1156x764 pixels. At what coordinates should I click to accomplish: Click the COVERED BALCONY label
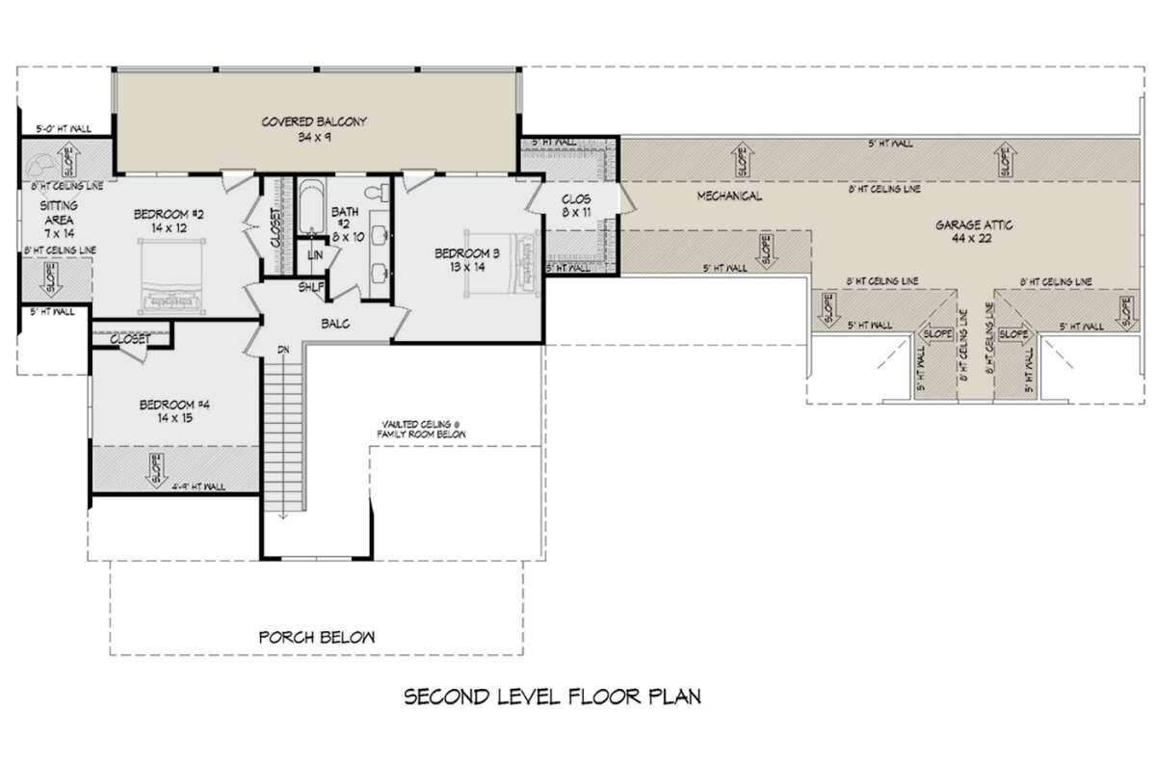[x=315, y=122]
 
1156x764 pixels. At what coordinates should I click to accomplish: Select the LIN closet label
[x=315, y=254]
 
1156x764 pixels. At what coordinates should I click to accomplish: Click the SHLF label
[x=310, y=287]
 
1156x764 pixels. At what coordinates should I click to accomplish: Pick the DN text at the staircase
[x=282, y=350]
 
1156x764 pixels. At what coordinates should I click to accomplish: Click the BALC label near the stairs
[x=334, y=324]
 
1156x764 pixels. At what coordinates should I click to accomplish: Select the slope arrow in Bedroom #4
[x=154, y=471]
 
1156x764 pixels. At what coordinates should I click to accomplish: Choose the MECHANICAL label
[x=728, y=197]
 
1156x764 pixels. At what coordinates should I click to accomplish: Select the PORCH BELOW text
[x=316, y=638]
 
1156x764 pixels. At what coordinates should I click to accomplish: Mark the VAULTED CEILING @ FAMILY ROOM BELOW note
[x=423, y=429]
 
